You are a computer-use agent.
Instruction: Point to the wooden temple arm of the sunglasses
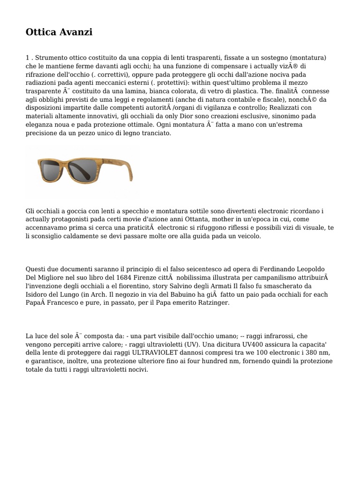pos(125,169)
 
